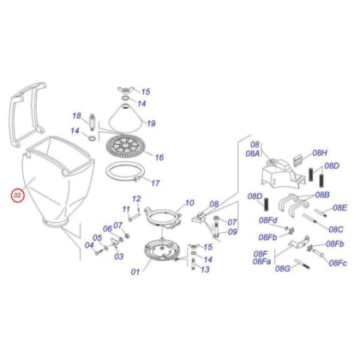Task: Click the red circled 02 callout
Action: (x=17, y=195)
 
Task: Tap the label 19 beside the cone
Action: (x=151, y=123)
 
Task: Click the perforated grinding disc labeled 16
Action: (x=126, y=147)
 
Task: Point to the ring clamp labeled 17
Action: (x=124, y=171)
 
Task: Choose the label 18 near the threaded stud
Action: (x=76, y=116)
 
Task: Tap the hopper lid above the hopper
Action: (x=27, y=113)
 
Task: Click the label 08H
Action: (x=320, y=153)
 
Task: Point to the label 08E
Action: (x=339, y=207)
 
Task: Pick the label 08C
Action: (x=336, y=229)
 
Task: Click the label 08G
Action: (x=282, y=268)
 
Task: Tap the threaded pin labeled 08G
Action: (x=303, y=264)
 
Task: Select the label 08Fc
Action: (x=338, y=263)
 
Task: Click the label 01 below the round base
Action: (x=135, y=272)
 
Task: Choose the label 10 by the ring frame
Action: (x=189, y=203)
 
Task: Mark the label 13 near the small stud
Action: (x=205, y=269)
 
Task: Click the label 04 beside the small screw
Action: (x=89, y=245)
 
